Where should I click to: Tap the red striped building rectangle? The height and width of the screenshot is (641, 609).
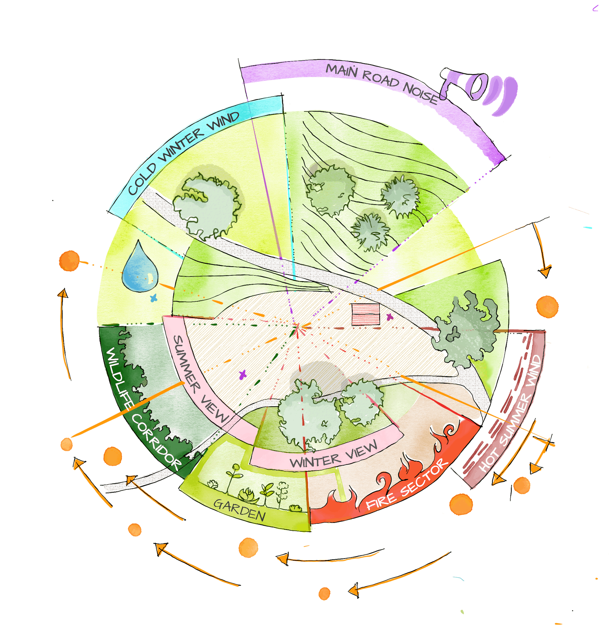(x=366, y=314)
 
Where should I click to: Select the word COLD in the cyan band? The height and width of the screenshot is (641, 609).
(x=142, y=180)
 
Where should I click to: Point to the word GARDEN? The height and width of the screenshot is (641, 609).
(x=240, y=510)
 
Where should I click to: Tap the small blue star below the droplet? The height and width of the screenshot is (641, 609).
(x=154, y=298)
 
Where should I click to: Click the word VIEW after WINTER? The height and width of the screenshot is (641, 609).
(x=361, y=449)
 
